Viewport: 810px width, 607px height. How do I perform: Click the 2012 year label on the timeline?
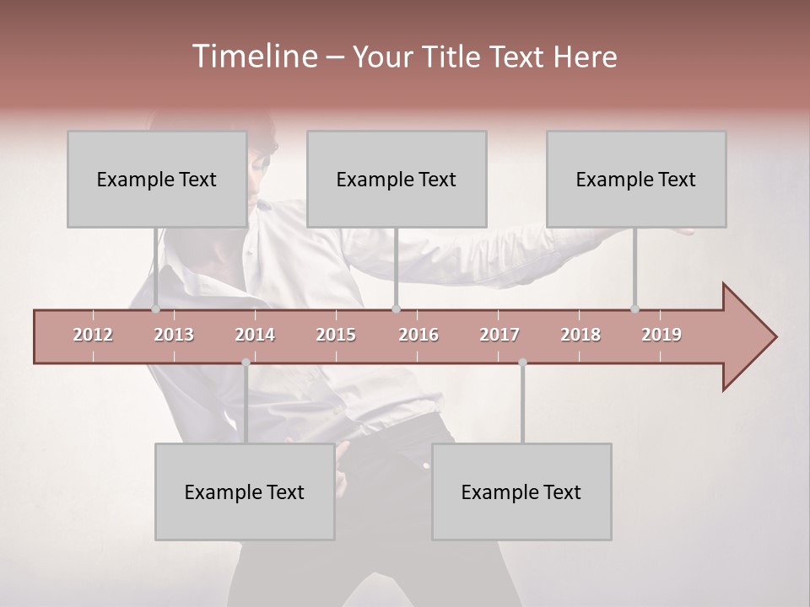tap(93, 335)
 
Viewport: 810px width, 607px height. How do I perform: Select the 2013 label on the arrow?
tap(174, 335)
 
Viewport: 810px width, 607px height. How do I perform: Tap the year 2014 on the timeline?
tap(255, 335)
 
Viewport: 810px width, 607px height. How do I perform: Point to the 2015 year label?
tap(336, 335)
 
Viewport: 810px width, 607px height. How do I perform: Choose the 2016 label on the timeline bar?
tap(418, 335)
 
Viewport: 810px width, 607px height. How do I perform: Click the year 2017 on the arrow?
tap(499, 335)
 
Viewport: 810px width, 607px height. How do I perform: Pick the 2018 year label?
tap(580, 335)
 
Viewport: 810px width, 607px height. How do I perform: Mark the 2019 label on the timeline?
tap(661, 335)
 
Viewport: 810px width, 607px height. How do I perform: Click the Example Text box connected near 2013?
tap(157, 179)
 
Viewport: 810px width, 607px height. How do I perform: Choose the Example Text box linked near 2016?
tap(397, 179)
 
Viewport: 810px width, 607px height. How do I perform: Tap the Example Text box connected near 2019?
tap(636, 179)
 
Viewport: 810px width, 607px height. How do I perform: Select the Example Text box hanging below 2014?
tap(245, 492)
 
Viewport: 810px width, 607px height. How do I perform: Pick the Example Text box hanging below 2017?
tap(521, 492)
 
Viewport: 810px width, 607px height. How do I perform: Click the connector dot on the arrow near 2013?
tap(156, 309)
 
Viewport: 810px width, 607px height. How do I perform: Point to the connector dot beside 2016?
tap(397, 309)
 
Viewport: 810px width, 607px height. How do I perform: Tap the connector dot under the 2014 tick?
tap(246, 363)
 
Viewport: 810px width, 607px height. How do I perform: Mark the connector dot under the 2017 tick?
tap(522, 363)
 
